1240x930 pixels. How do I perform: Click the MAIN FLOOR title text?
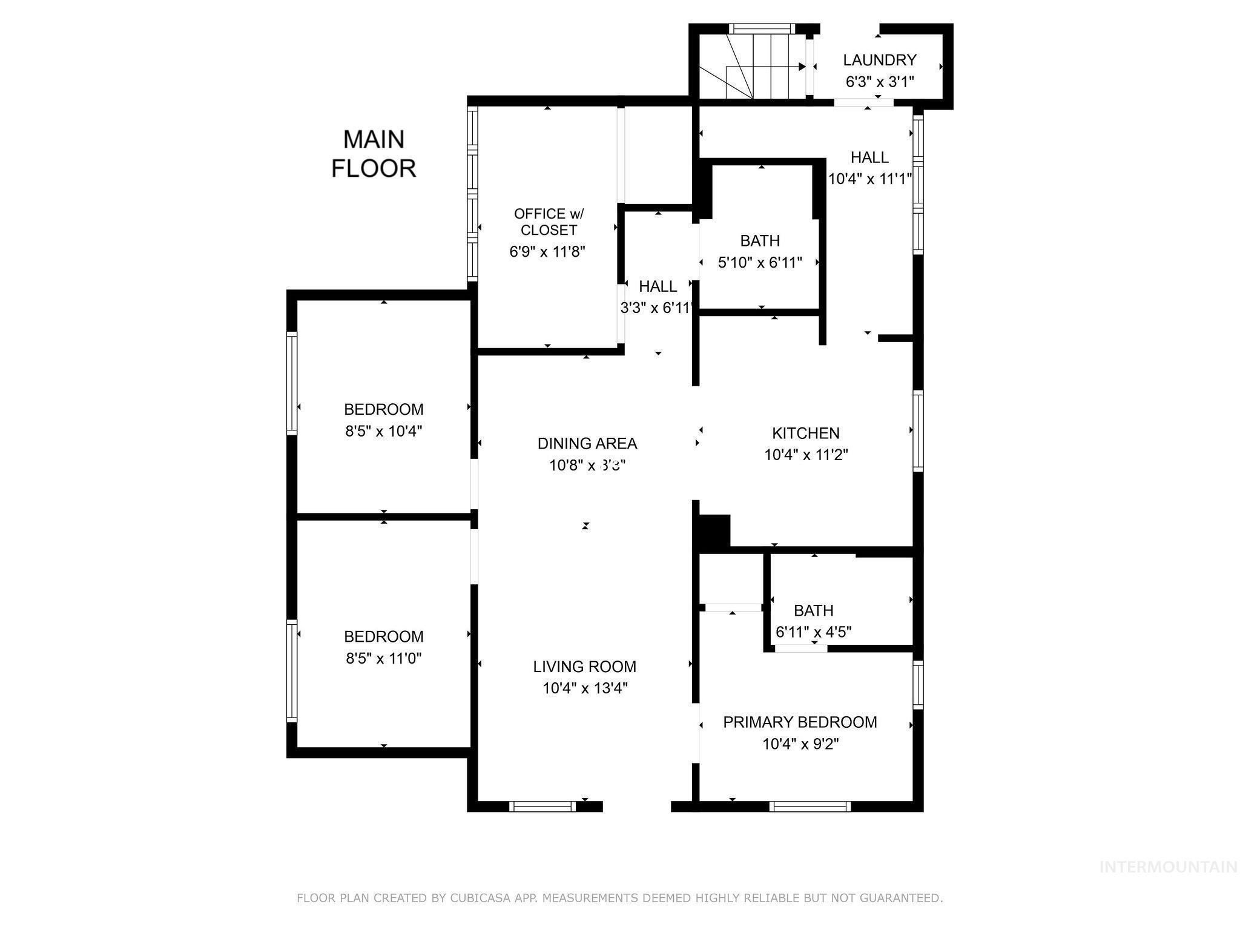point(374,154)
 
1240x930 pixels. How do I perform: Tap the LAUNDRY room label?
point(879,60)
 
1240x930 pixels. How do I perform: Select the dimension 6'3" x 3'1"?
point(879,82)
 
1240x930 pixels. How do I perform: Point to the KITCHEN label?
point(805,433)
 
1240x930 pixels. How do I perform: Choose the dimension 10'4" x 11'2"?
point(805,455)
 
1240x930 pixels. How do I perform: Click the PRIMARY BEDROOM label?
point(800,722)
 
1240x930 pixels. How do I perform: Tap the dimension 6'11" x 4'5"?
point(813,632)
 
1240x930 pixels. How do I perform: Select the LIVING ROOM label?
point(584,667)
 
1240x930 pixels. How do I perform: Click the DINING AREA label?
point(587,443)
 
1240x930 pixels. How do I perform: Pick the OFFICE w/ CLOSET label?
point(549,222)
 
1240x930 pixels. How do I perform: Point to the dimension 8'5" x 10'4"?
point(383,431)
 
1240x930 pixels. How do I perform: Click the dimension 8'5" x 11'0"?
point(383,658)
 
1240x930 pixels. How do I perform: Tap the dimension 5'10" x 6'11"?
point(760,262)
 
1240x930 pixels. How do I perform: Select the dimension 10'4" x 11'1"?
point(869,179)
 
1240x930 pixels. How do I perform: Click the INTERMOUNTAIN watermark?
point(1167,867)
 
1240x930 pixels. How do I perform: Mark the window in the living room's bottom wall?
point(542,806)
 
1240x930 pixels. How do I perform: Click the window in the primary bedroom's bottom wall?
point(810,806)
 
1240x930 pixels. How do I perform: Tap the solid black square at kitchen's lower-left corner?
point(714,531)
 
